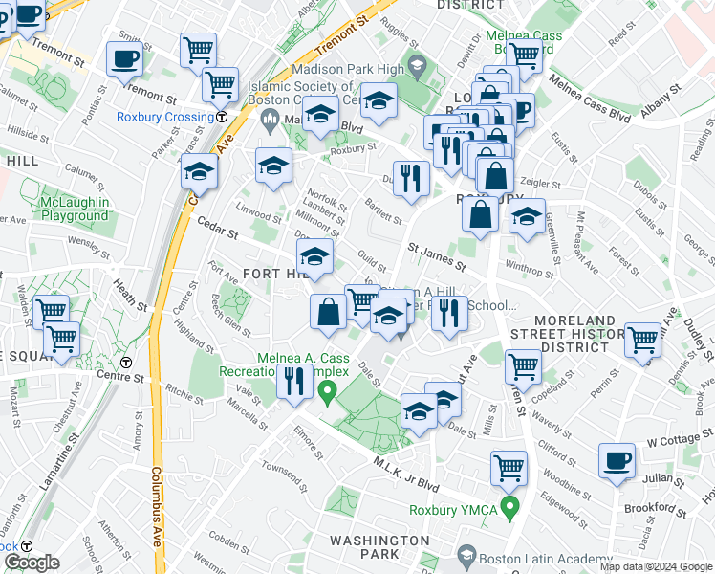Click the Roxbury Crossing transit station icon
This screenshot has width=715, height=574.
(222, 117)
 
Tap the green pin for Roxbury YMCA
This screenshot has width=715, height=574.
(509, 507)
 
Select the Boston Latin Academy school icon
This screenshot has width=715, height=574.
(466, 555)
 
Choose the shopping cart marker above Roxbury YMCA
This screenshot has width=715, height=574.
(509, 467)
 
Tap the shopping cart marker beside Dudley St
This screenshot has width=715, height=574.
(642, 338)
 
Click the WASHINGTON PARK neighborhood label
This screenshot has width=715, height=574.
(379, 547)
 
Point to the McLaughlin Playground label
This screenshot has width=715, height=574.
(75, 209)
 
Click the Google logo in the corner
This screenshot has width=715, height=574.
(32, 563)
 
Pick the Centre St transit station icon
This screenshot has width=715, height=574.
(126, 363)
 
